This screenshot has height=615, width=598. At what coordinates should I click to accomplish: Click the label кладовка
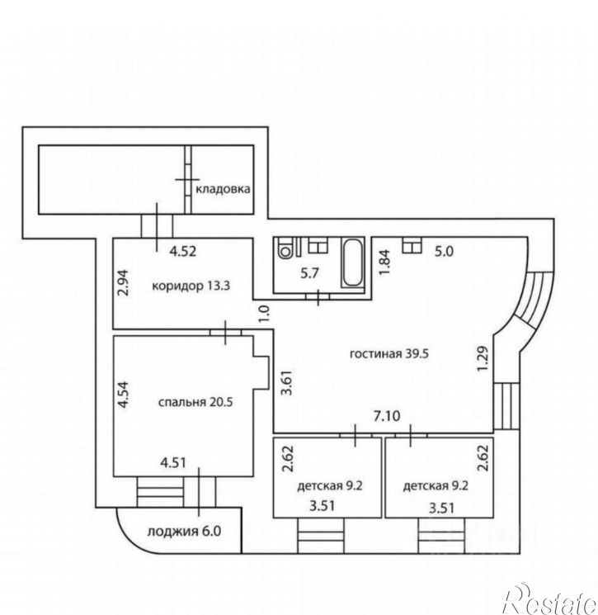pyautogui.click(x=223, y=189)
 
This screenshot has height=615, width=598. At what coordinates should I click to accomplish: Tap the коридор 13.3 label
pyautogui.click(x=191, y=286)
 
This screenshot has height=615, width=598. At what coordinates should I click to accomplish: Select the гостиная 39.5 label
pyautogui.click(x=389, y=353)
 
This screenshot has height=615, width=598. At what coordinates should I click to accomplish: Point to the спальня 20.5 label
pyautogui.click(x=195, y=402)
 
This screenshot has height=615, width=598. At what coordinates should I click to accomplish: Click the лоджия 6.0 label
pyautogui.click(x=184, y=532)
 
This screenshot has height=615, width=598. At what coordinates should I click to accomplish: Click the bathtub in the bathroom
pyautogui.click(x=353, y=263)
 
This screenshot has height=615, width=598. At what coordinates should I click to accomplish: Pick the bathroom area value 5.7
pyautogui.click(x=309, y=273)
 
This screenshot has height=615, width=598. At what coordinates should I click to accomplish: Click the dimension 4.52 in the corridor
pyautogui.click(x=182, y=251)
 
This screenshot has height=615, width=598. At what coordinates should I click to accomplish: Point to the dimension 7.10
pyautogui.click(x=387, y=416)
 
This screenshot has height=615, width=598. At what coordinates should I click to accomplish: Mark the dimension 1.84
pyautogui.click(x=385, y=263)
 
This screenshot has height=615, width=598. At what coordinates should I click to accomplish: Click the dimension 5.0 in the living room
pyautogui.click(x=444, y=251)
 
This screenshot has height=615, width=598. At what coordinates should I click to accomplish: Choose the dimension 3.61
pyautogui.click(x=288, y=382)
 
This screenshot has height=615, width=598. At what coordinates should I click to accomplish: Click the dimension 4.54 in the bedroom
pyautogui.click(x=125, y=395)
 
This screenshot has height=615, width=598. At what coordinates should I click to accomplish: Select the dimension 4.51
pyautogui.click(x=173, y=463)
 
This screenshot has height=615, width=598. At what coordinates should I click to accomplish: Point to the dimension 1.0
pyautogui.click(x=265, y=314)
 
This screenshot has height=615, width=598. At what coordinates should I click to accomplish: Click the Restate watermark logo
pyautogui.click(x=551, y=599)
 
